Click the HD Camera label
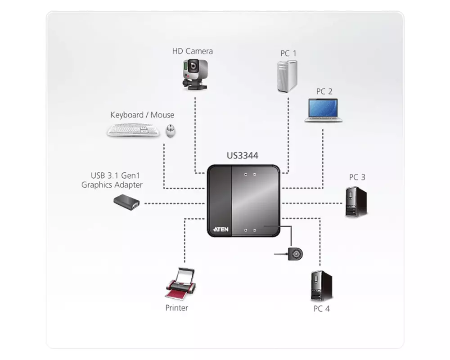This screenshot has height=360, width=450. pyautogui.click(x=192, y=51)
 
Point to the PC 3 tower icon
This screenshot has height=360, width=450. pyautogui.click(x=356, y=202)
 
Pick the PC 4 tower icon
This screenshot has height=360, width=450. pyautogui.click(x=321, y=286)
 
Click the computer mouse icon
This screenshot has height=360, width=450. pyautogui.click(x=171, y=131)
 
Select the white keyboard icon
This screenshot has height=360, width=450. pyautogui.click(x=133, y=130)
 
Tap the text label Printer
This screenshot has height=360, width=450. pyautogui.click(x=176, y=308)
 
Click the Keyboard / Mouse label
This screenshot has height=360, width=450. pyautogui.click(x=142, y=115)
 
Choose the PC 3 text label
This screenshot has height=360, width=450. pyautogui.click(x=357, y=177)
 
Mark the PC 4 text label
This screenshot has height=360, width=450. pyautogui.click(x=321, y=309)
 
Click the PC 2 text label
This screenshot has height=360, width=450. pyautogui.click(x=324, y=92)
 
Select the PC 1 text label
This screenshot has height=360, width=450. pyautogui.click(x=288, y=54)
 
